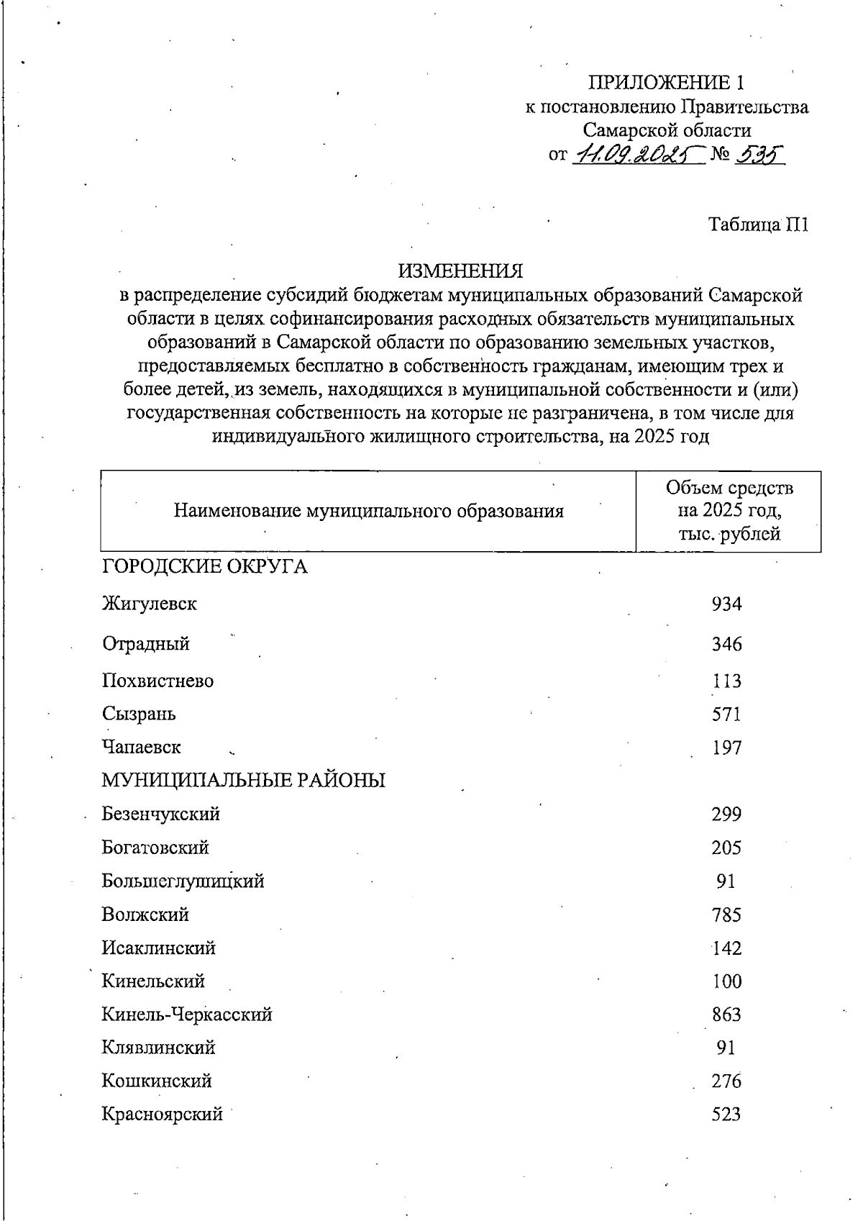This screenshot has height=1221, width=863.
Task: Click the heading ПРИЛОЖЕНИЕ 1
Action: point(666,82)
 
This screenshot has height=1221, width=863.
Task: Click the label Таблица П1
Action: point(759,224)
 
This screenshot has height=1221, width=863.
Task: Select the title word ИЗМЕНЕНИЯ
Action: point(461,271)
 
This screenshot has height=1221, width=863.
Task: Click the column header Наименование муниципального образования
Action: point(368,512)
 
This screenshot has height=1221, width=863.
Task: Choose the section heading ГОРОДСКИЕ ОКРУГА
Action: point(205,567)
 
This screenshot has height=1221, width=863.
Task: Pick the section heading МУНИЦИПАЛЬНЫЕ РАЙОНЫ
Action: point(243,781)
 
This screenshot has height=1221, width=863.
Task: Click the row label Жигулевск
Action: point(150,603)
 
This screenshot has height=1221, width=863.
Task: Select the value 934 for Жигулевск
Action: point(726,604)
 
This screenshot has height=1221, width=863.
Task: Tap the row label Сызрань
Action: point(139,714)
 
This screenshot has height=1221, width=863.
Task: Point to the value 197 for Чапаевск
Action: point(726,748)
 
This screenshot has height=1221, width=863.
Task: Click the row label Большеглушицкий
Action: point(183,881)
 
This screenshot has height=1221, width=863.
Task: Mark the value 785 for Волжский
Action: point(726,915)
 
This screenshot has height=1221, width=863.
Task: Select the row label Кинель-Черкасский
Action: point(187,1015)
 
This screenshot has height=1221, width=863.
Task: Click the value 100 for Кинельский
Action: point(726,981)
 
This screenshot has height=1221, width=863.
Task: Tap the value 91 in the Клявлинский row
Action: point(726,1048)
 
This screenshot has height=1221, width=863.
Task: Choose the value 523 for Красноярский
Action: point(726,1115)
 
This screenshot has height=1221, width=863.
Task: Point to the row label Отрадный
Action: point(146,643)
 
